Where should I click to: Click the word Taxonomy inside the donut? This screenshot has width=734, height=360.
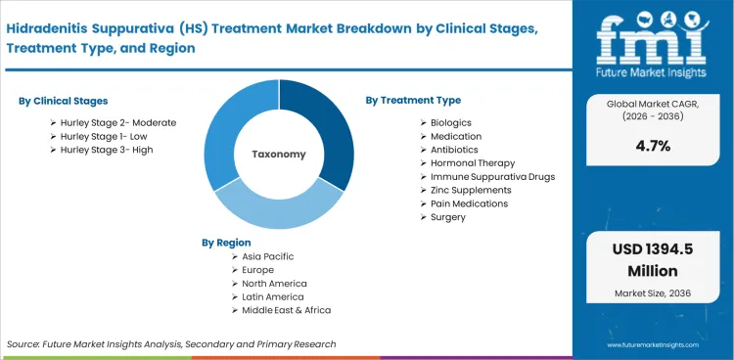(279, 155)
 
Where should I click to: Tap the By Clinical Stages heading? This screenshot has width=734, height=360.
(64, 101)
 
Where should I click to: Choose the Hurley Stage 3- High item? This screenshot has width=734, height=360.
(106, 150)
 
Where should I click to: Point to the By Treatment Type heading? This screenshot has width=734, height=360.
(413, 100)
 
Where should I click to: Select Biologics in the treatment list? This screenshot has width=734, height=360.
(451, 122)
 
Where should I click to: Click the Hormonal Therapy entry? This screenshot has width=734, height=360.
(473, 162)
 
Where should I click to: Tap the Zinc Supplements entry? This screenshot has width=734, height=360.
(472, 190)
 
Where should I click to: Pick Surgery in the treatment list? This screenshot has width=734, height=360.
(448, 217)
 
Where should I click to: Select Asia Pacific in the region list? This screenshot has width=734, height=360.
(262, 256)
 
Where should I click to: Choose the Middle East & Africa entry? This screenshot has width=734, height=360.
(281, 310)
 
